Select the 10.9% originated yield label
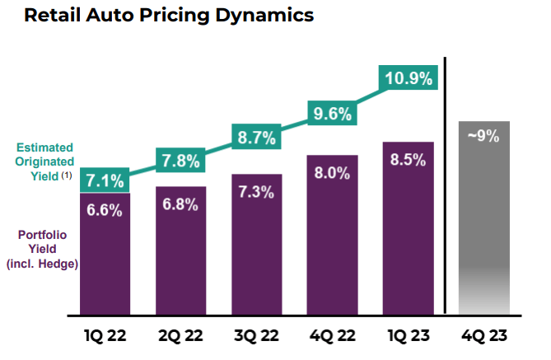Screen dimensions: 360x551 click(x=408, y=80)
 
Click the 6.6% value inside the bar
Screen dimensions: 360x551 click(x=105, y=210)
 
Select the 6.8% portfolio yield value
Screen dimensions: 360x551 click(x=180, y=204)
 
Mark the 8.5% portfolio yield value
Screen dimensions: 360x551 click(x=408, y=160)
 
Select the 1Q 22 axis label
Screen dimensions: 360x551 click(x=105, y=337)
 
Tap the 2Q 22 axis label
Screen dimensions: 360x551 click(x=180, y=337)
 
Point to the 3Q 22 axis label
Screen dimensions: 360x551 click(x=256, y=337)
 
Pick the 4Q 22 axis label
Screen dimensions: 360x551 click(x=332, y=337)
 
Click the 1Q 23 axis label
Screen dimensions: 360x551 click(x=408, y=337)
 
